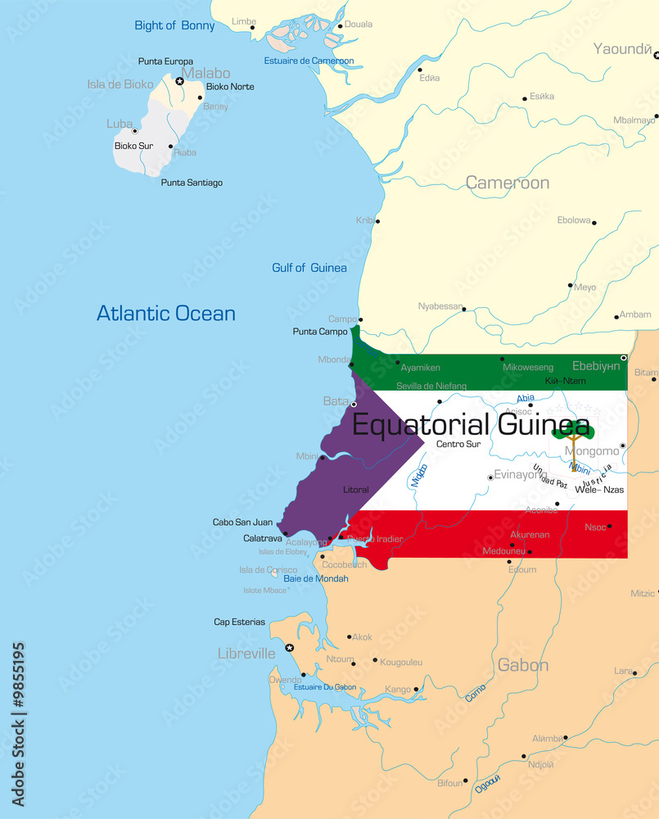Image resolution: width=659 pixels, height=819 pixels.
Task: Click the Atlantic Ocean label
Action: (x=166, y=314)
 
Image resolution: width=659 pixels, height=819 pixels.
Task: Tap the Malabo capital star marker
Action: (x=180, y=81)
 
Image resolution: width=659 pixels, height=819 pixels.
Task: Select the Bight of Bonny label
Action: (x=174, y=25)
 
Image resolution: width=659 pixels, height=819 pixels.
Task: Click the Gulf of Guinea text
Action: (x=309, y=268)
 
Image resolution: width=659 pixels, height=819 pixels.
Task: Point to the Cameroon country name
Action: (x=508, y=183)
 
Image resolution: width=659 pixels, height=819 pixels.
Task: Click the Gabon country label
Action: (x=523, y=665)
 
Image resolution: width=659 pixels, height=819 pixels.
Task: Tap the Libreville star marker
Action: (x=289, y=648)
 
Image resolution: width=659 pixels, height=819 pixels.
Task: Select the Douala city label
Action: (x=358, y=25)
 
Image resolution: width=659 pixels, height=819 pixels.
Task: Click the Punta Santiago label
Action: (x=192, y=183)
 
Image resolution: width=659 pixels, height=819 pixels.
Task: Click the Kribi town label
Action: (x=364, y=220)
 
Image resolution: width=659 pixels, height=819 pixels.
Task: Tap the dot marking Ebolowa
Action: (x=594, y=223)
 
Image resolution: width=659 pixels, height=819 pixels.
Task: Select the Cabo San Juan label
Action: (x=242, y=523)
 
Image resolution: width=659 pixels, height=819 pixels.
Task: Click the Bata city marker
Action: (x=354, y=405)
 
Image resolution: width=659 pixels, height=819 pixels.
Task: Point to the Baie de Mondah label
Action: (x=316, y=578)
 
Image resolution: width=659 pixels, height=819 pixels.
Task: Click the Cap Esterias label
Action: (x=239, y=622)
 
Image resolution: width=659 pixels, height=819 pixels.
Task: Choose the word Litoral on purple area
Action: (x=356, y=490)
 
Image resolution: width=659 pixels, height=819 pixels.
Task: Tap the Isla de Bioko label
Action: (x=120, y=84)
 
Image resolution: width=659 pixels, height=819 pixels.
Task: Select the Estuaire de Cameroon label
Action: (x=309, y=61)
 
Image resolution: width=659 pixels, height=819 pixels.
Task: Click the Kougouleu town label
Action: (x=401, y=662)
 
